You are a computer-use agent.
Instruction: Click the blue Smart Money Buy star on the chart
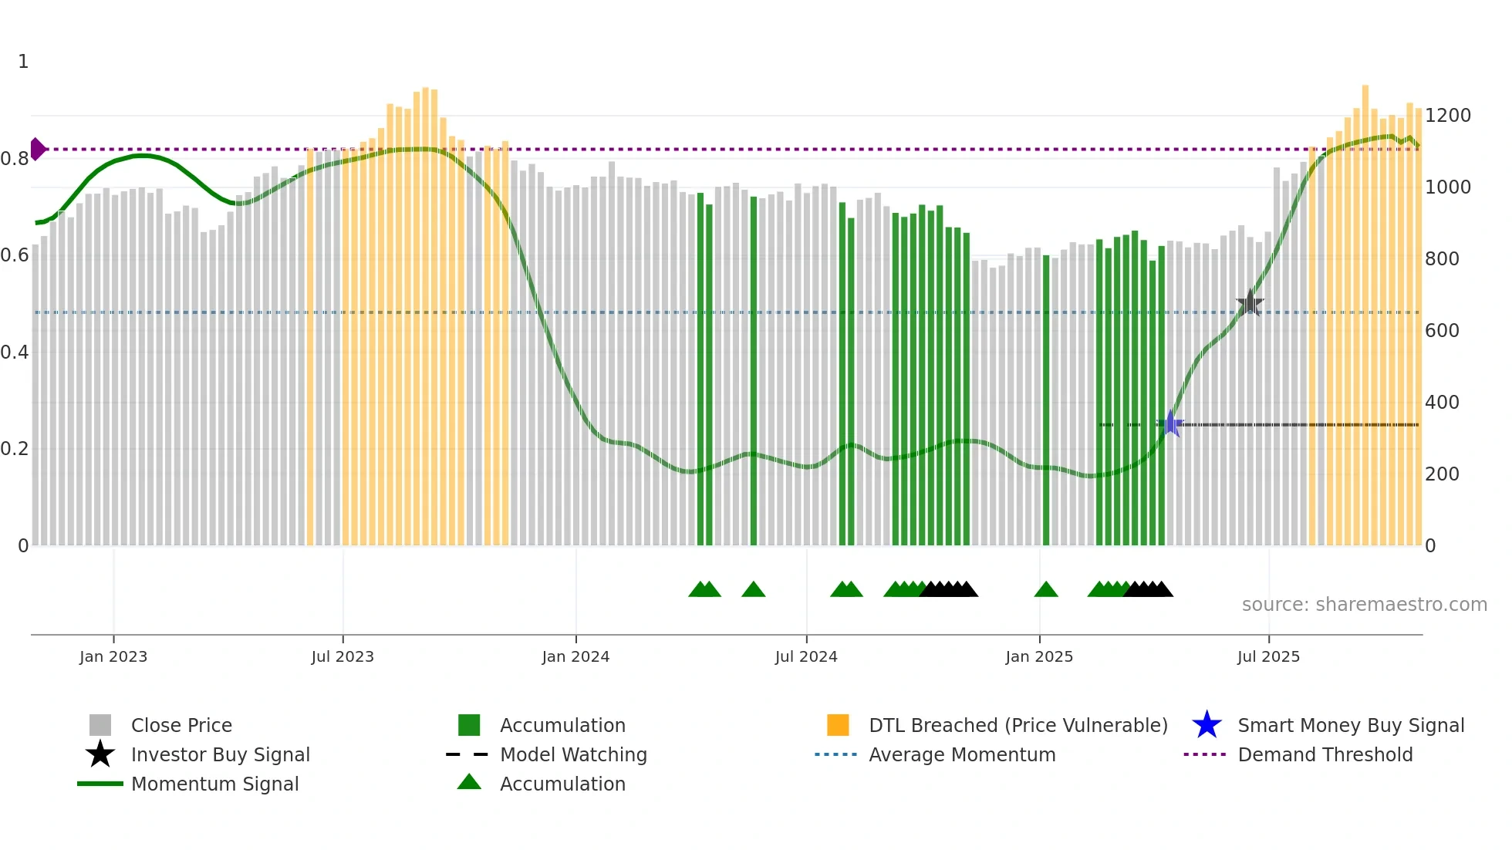tap(1170, 423)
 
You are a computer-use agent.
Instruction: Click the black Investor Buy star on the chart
tap(1250, 303)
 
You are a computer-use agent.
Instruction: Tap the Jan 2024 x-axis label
tap(575, 656)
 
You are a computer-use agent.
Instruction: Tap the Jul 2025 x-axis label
tap(1268, 656)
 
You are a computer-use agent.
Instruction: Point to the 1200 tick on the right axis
tap(1447, 116)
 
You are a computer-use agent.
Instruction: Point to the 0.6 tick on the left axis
tap(15, 255)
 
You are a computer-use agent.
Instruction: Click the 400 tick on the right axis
tap(1441, 403)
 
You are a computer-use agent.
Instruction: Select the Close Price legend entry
tap(181, 725)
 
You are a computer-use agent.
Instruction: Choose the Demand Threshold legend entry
tap(1325, 754)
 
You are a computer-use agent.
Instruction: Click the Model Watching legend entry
tap(572, 754)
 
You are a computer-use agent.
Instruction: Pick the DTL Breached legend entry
tap(1018, 725)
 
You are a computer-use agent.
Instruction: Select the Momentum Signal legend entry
tap(214, 784)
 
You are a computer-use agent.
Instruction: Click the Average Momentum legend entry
tap(961, 754)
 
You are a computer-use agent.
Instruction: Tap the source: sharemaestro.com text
tap(1364, 605)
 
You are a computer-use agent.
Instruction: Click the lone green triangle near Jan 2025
tap(1046, 590)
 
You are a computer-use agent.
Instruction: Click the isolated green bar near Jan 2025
tap(1046, 401)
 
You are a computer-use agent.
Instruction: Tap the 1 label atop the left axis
tap(23, 62)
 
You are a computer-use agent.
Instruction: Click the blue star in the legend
tap(1207, 725)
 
